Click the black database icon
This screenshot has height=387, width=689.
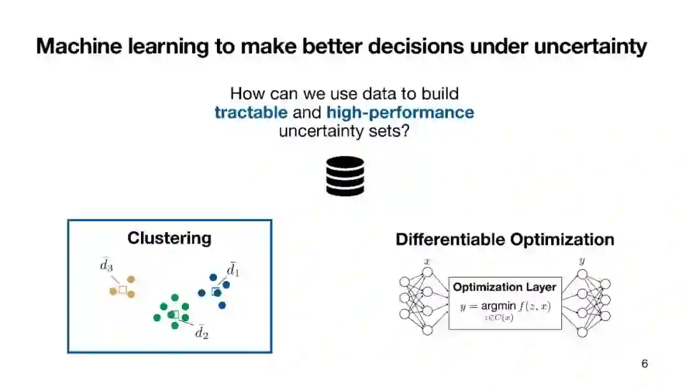pyautogui.click(x=345, y=176)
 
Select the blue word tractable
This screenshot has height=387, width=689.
pyautogui.click(x=251, y=112)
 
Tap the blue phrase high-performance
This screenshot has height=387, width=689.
pyautogui.click(x=400, y=113)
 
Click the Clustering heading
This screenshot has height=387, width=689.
pyautogui.click(x=170, y=238)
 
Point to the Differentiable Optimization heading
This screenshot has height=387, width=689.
pyautogui.click(x=505, y=239)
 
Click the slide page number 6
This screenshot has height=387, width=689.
pyautogui.click(x=644, y=363)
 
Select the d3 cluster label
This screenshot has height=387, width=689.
pyautogui.click(x=107, y=265)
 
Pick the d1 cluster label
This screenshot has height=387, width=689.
pyautogui.click(x=233, y=269)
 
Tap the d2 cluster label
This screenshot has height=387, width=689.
pyautogui.click(x=202, y=332)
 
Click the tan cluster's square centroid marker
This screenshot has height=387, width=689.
pyautogui.click(x=122, y=289)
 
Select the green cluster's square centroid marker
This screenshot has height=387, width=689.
pyautogui.click(x=174, y=314)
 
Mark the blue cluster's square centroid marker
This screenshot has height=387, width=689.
pyautogui.click(x=216, y=291)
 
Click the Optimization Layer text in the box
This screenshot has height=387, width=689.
pyautogui.click(x=505, y=288)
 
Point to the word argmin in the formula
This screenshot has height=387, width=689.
pyautogui.click(x=498, y=306)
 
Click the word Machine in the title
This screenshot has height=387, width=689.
pyautogui.click(x=79, y=46)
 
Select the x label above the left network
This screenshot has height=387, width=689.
pyautogui.click(x=427, y=262)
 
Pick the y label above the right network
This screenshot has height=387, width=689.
pyautogui.click(x=582, y=261)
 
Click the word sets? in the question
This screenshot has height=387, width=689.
pyautogui.click(x=389, y=131)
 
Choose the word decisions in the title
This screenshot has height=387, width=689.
pyautogui.click(x=416, y=46)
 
